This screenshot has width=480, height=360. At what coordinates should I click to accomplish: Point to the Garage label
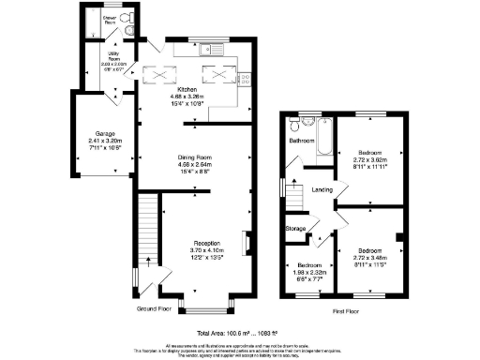91,134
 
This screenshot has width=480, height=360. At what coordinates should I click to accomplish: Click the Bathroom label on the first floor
302,141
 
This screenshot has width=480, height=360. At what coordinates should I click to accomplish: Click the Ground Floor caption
153,307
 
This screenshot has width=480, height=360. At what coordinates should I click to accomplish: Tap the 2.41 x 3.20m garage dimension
91,142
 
